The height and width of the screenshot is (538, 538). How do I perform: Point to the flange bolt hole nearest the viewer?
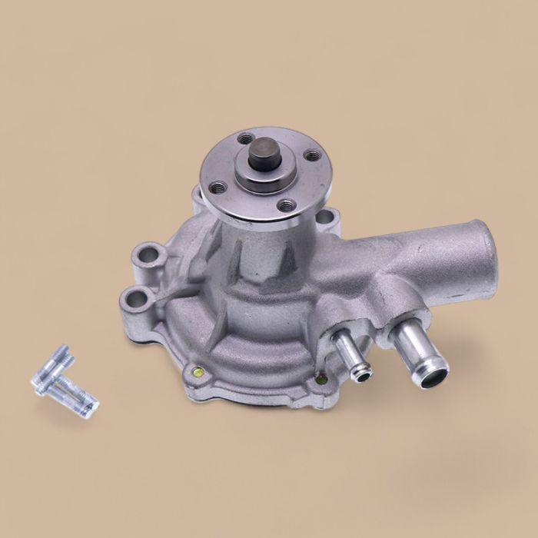[x=286, y=204]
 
